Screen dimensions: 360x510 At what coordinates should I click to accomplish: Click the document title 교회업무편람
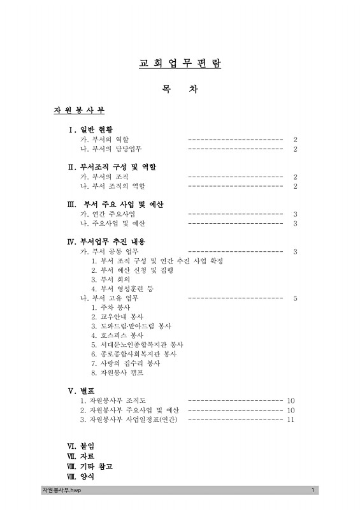pyautogui.click(x=180, y=64)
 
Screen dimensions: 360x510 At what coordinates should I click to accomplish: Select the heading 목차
pyautogui.click(x=180, y=90)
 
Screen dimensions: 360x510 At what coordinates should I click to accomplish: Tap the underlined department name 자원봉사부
pyautogui.click(x=79, y=110)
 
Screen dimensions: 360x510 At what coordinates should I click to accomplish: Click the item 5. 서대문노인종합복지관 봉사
pyautogui.click(x=137, y=344)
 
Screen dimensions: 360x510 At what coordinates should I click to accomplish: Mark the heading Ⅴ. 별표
pyautogui.click(x=81, y=390)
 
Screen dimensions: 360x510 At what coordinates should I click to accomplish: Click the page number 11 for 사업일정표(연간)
pyautogui.click(x=291, y=419)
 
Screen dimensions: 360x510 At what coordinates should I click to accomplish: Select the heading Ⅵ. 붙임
pyautogui.click(x=81, y=446)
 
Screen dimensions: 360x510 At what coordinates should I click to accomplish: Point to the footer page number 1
pyautogui.click(x=313, y=490)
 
